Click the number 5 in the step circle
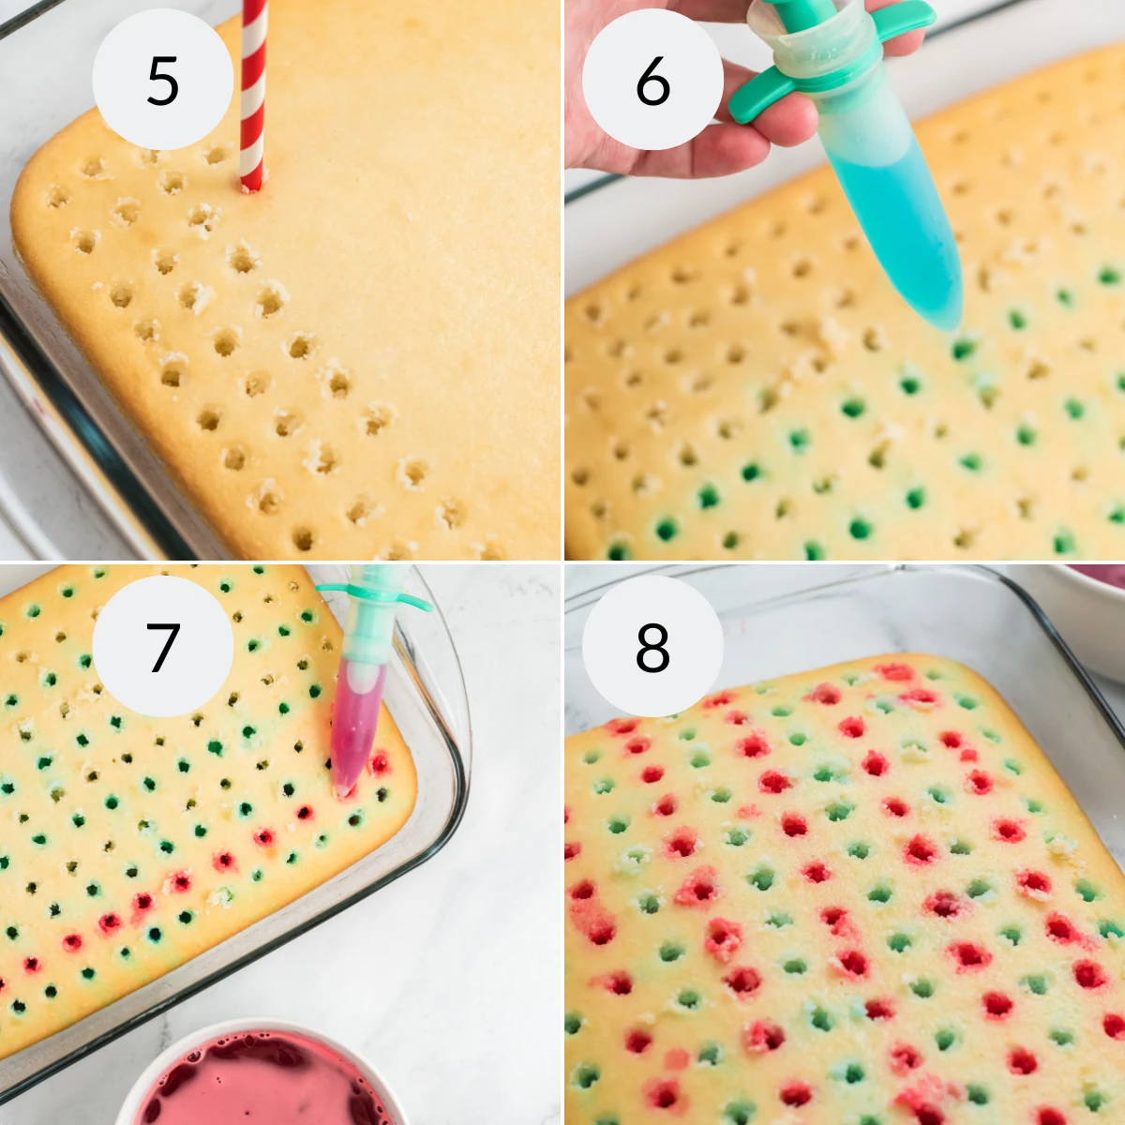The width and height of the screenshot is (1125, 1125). click(162, 81)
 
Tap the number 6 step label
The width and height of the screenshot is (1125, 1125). click(652, 81)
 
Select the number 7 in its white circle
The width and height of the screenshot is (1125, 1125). click(162, 647)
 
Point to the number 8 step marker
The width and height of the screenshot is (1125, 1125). click(652, 647)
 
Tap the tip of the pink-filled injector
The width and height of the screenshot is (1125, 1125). click(343, 790)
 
